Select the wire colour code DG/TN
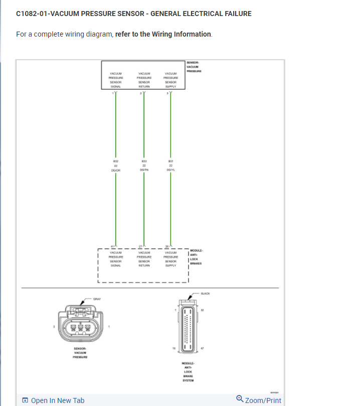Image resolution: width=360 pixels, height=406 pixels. click(144, 170)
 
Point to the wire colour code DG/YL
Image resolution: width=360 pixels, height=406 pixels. click(171, 170)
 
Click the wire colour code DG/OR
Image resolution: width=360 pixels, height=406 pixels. click(116, 170)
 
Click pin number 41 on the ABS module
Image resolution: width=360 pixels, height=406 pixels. click(112, 246)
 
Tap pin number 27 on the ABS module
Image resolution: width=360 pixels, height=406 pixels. click(140, 246)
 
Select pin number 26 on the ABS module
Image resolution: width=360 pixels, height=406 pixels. click(167, 246)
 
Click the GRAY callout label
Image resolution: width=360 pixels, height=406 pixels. click(97, 299)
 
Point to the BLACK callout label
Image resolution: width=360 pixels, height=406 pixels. click(206, 293)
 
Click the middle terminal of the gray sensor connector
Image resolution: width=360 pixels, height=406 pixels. click(81, 329)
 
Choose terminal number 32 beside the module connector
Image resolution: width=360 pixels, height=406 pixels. click(202, 311)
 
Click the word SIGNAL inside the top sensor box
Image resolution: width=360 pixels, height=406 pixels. click(116, 86)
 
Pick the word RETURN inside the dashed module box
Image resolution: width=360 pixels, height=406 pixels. click(144, 266)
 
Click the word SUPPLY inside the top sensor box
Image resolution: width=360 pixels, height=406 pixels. click(171, 86)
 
